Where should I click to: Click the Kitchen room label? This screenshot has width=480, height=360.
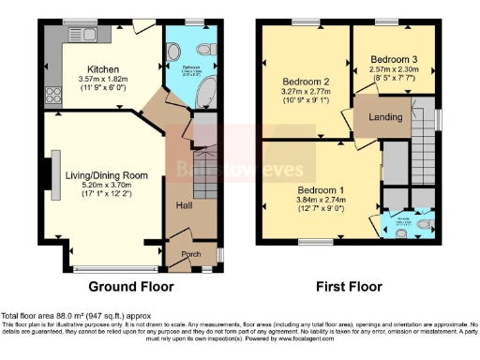point(103,69)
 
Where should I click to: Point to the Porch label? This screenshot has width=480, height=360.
point(191,253)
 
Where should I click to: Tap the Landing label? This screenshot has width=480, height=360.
point(386,117)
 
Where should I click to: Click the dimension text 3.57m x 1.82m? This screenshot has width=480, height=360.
point(103,82)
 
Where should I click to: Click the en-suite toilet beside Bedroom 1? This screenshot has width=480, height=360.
point(427,225)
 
